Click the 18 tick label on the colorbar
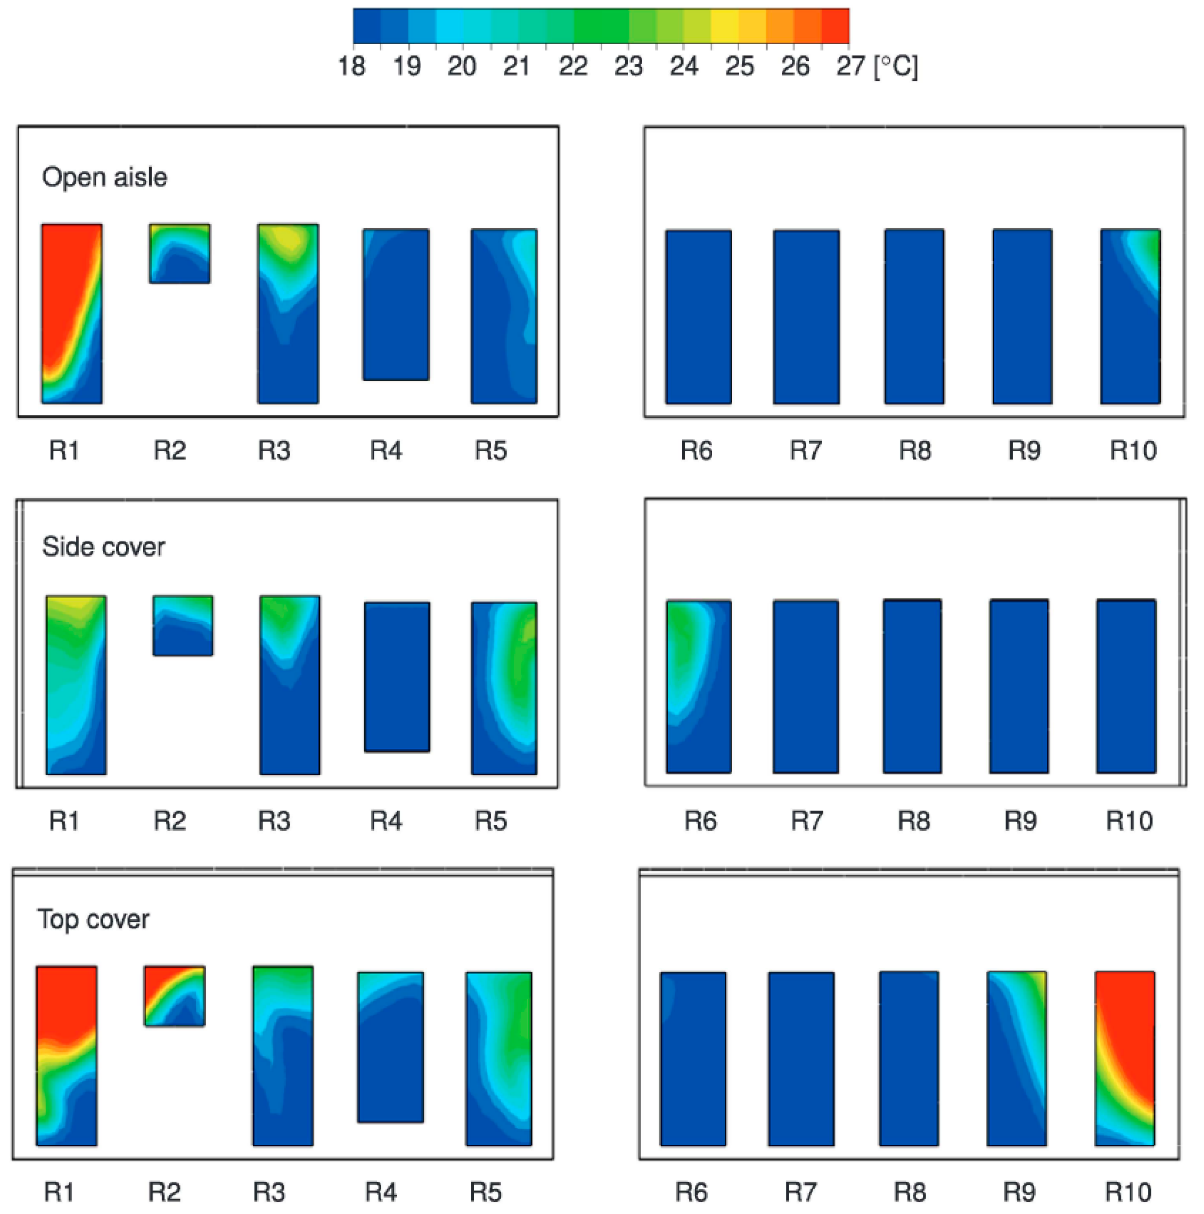[351, 65]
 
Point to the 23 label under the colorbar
[628, 65]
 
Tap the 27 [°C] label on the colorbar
[876, 65]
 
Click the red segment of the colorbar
[835, 26]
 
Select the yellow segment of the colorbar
[724, 26]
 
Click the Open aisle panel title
[104, 177]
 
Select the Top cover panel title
[93, 919]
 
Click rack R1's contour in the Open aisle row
[71, 313]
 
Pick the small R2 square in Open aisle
[180, 253]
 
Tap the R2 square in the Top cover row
[175, 996]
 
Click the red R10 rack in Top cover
[1124, 1058]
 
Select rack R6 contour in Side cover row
[698, 686]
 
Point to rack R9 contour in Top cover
[1016, 1058]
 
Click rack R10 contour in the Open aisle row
[1130, 316]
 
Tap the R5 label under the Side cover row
[490, 821]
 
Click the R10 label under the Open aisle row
[1133, 451]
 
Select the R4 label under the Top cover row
[381, 1192]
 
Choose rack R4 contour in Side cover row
[397, 677]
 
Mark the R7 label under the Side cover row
[806, 821]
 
